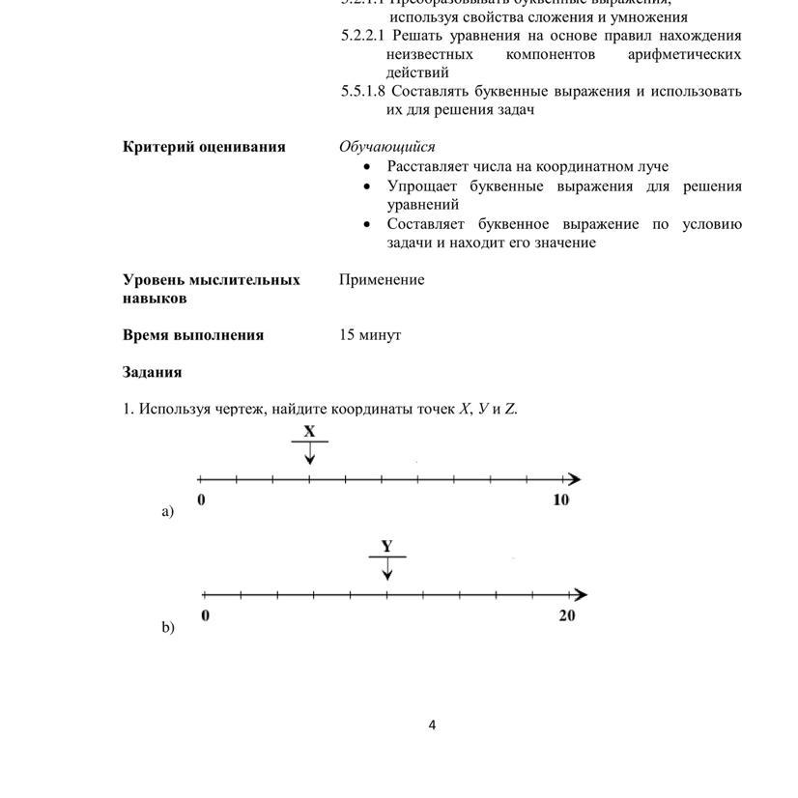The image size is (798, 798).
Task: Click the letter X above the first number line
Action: [309, 432]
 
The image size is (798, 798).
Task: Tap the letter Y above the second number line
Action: [386, 547]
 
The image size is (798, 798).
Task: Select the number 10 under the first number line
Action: [561, 499]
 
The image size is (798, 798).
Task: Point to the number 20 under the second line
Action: [566, 615]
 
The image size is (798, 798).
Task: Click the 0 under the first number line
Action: [201, 499]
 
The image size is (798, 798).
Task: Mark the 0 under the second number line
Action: [205, 615]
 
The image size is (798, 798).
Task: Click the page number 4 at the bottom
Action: [432, 726]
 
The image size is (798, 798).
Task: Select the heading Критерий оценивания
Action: [204, 147]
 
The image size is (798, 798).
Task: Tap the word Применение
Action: [382, 279]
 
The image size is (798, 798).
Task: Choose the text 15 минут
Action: [370, 335]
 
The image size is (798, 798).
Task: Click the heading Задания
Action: [152, 372]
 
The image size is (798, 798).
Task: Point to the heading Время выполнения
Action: [193, 335]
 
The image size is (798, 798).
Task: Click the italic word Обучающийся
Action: [386, 147]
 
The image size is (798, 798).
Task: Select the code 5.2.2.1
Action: [362, 36]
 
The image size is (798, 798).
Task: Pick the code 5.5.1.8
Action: [362, 92]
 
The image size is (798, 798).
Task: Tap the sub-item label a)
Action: [168, 512]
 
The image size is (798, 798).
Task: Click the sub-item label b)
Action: [168, 628]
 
